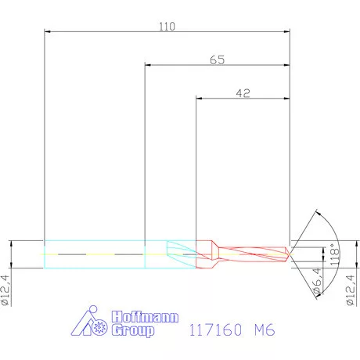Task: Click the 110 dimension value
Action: point(167,26)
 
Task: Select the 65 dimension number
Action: point(218,59)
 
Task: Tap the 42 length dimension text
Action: point(243,92)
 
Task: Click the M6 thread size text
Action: point(265,331)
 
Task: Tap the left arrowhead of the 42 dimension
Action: point(199,99)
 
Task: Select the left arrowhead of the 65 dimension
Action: point(149,66)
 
